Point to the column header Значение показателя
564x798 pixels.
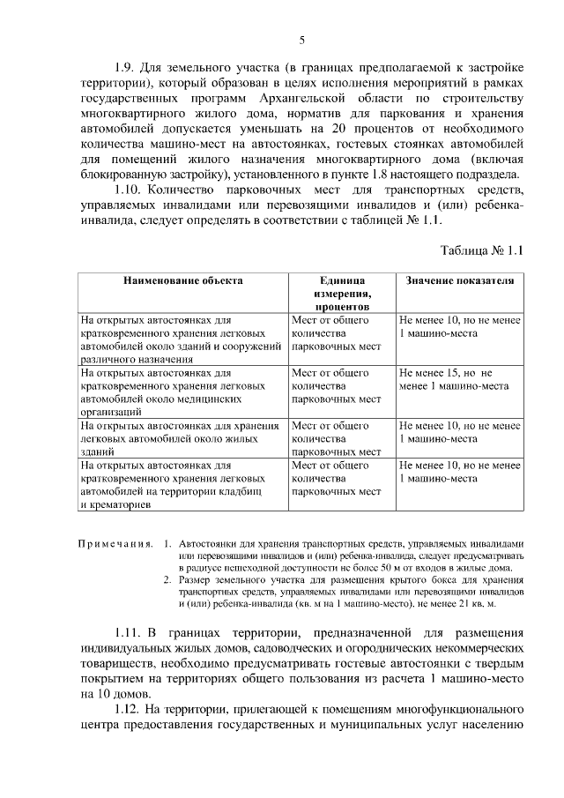tap(459, 280)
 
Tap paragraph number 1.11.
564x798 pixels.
tap(132, 633)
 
